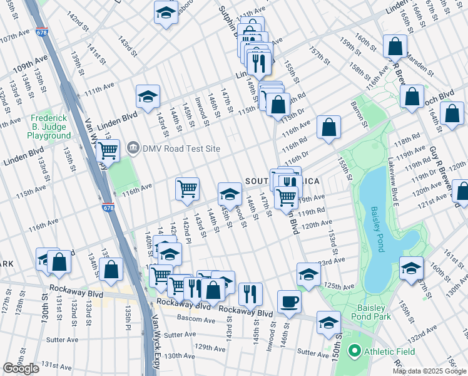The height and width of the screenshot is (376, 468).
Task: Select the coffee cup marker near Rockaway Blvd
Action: [289, 301]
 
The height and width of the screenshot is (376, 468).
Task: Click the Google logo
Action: [21, 368]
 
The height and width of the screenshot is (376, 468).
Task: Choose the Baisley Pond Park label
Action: [374, 312]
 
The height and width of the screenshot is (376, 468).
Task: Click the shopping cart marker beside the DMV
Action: [108, 150]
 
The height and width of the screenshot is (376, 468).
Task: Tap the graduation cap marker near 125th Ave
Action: [308, 274]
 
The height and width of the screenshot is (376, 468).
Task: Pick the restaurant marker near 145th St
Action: [250, 293]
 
